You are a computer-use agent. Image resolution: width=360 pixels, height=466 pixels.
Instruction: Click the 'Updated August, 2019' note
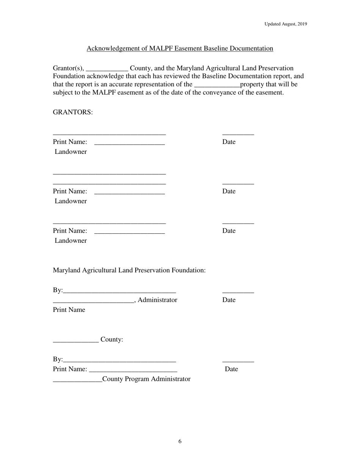coord(285,24)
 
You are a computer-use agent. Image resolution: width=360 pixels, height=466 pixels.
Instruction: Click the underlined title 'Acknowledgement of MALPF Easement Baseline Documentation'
coord(180,48)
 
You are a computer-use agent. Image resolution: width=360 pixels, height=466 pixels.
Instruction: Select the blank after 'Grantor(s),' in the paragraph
coord(107,69)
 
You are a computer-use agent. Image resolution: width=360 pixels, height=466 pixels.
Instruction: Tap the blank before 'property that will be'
coord(217,85)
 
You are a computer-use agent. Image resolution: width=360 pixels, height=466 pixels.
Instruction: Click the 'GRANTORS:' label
coord(73,113)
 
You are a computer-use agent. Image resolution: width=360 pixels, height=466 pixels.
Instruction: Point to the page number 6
coord(180,441)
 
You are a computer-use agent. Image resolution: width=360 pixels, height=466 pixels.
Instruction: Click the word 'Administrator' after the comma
coord(158,300)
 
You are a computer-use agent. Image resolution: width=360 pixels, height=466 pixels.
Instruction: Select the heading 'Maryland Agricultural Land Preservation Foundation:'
coord(129,271)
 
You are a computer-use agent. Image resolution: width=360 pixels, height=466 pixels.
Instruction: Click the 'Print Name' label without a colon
coord(69,310)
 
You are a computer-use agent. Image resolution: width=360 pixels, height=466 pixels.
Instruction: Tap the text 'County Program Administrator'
coord(146,379)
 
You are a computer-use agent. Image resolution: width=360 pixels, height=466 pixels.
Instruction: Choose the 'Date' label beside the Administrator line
coord(229,300)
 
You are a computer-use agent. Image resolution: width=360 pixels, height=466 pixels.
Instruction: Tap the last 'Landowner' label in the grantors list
coord(70,241)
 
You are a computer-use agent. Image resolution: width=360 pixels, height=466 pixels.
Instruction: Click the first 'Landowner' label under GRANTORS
coord(70,152)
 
